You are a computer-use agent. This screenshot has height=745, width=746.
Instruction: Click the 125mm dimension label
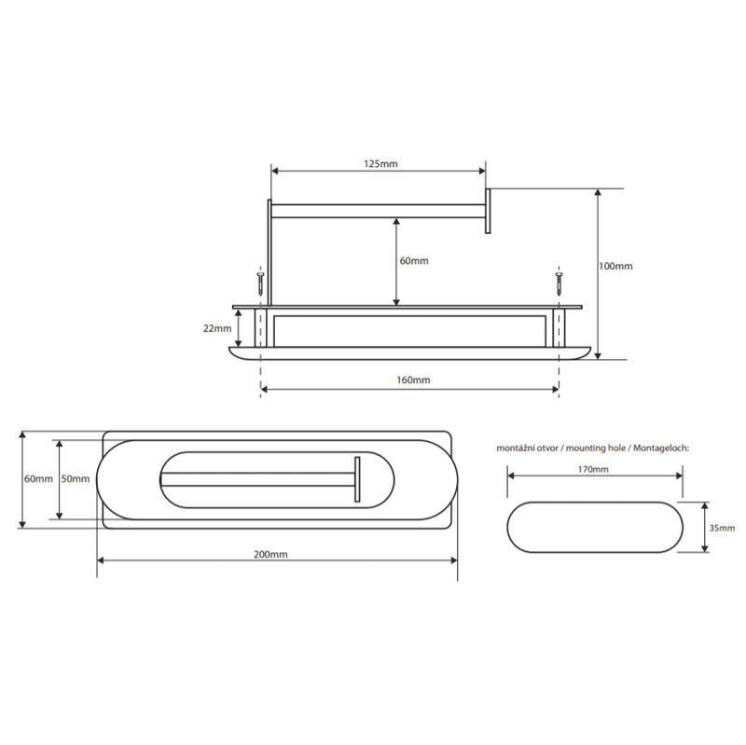click(380, 164)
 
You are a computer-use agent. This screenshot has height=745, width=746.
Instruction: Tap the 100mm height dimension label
click(615, 266)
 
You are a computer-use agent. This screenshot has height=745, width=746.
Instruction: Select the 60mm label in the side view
click(414, 261)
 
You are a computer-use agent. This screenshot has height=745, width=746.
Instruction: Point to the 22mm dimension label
click(217, 328)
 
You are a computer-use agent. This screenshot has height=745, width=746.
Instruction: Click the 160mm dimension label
click(413, 379)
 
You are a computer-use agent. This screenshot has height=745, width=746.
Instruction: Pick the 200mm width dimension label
click(270, 554)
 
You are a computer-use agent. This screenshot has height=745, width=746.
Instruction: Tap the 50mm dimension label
click(76, 478)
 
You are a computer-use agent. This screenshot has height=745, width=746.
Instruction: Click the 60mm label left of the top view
click(38, 478)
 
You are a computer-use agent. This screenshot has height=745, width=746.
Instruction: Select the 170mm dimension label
click(593, 469)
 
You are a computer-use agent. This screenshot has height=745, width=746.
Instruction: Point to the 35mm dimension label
click(722, 528)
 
